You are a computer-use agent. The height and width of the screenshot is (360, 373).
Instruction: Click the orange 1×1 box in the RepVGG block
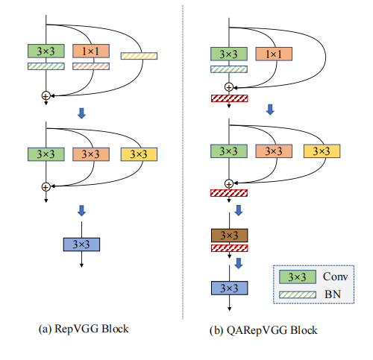pyautogui.click(x=92, y=51)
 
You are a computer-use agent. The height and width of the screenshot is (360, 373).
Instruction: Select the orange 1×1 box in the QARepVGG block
pyautogui.click(x=274, y=54)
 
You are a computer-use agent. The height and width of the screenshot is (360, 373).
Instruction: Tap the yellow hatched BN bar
pyautogui.click(x=138, y=56)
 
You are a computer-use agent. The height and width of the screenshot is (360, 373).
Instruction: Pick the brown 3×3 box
pyautogui.click(x=229, y=236)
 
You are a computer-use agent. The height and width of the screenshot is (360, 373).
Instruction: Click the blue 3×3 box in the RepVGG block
pyautogui.click(x=81, y=243)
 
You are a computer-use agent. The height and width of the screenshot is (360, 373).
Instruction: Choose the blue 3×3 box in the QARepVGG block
pyautogui.click(x=229, y=287)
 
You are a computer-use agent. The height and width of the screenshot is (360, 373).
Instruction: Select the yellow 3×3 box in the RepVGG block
pyautogui.click(x=138, y=154)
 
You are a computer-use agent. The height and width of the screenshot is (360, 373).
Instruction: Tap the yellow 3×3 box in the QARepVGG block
pyautogui.click(x=322, y=151)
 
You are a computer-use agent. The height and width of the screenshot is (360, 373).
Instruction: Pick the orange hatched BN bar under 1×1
pyautogui.click(x=92, y=66)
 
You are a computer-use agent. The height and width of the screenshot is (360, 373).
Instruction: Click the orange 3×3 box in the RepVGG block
pyautogui.click(x=92, y=154)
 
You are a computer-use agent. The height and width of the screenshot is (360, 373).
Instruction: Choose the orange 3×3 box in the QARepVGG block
pyautogui.click(x=274, y=151)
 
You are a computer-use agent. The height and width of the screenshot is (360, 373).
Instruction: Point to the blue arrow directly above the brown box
pyautogui.click(x=239, y=212)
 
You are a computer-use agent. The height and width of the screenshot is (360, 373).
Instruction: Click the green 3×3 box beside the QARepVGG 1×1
pyautogui.click(x=229, y=54)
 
